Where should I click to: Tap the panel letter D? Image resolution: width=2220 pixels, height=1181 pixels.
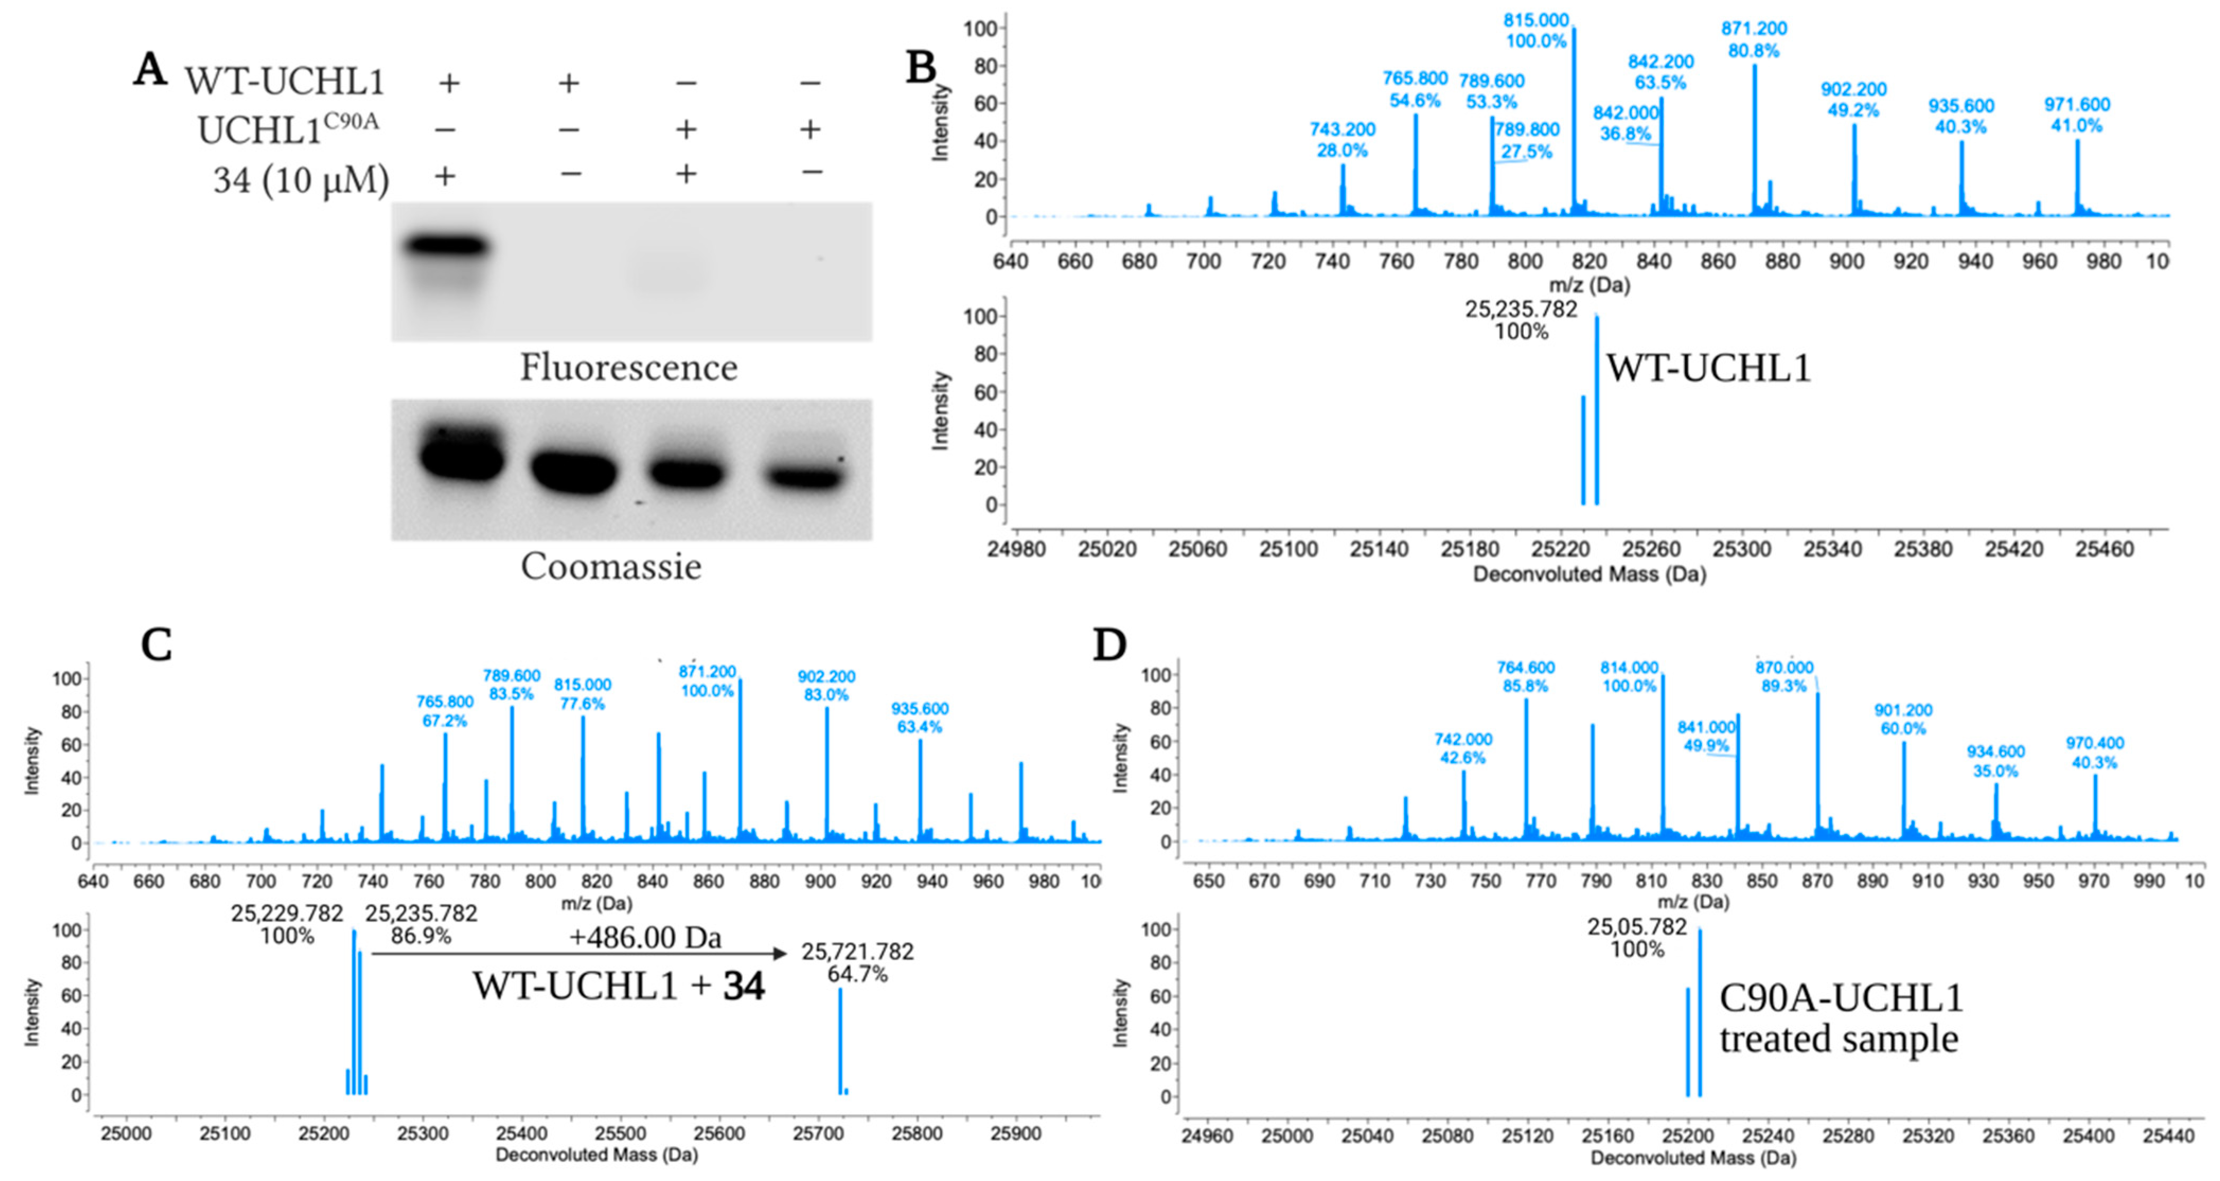click(1109, 645)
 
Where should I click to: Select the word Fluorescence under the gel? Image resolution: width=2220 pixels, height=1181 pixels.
click(628, 368)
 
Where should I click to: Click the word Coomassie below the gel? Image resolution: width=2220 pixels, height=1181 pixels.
click(611, 567)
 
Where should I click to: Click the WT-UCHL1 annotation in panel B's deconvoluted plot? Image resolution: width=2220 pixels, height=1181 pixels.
click(1708, 369)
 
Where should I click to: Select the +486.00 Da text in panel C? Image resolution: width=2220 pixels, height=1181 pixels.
click(645, 937)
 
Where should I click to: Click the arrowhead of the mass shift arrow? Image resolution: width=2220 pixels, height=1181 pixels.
click(780, 954)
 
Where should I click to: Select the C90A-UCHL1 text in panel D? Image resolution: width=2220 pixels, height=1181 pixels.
click(1841, 998)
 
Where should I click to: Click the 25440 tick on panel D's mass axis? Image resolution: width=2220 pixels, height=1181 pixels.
click(2168, 1136)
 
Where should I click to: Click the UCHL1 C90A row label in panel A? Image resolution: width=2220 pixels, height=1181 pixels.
click(287, 129)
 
